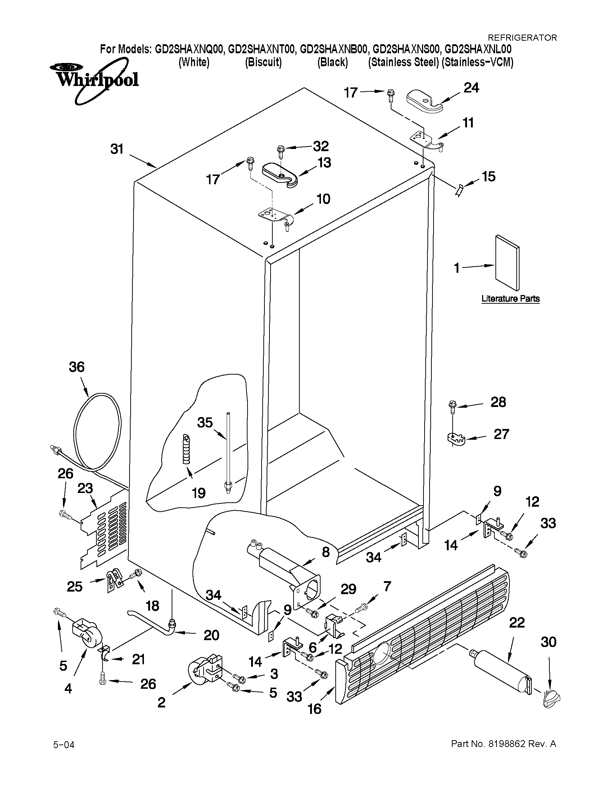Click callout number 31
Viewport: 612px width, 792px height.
117,149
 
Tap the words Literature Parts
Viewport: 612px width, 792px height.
510,298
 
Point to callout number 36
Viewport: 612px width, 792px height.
77,367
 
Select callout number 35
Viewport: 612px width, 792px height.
205,422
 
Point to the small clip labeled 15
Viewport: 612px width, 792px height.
460,190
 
